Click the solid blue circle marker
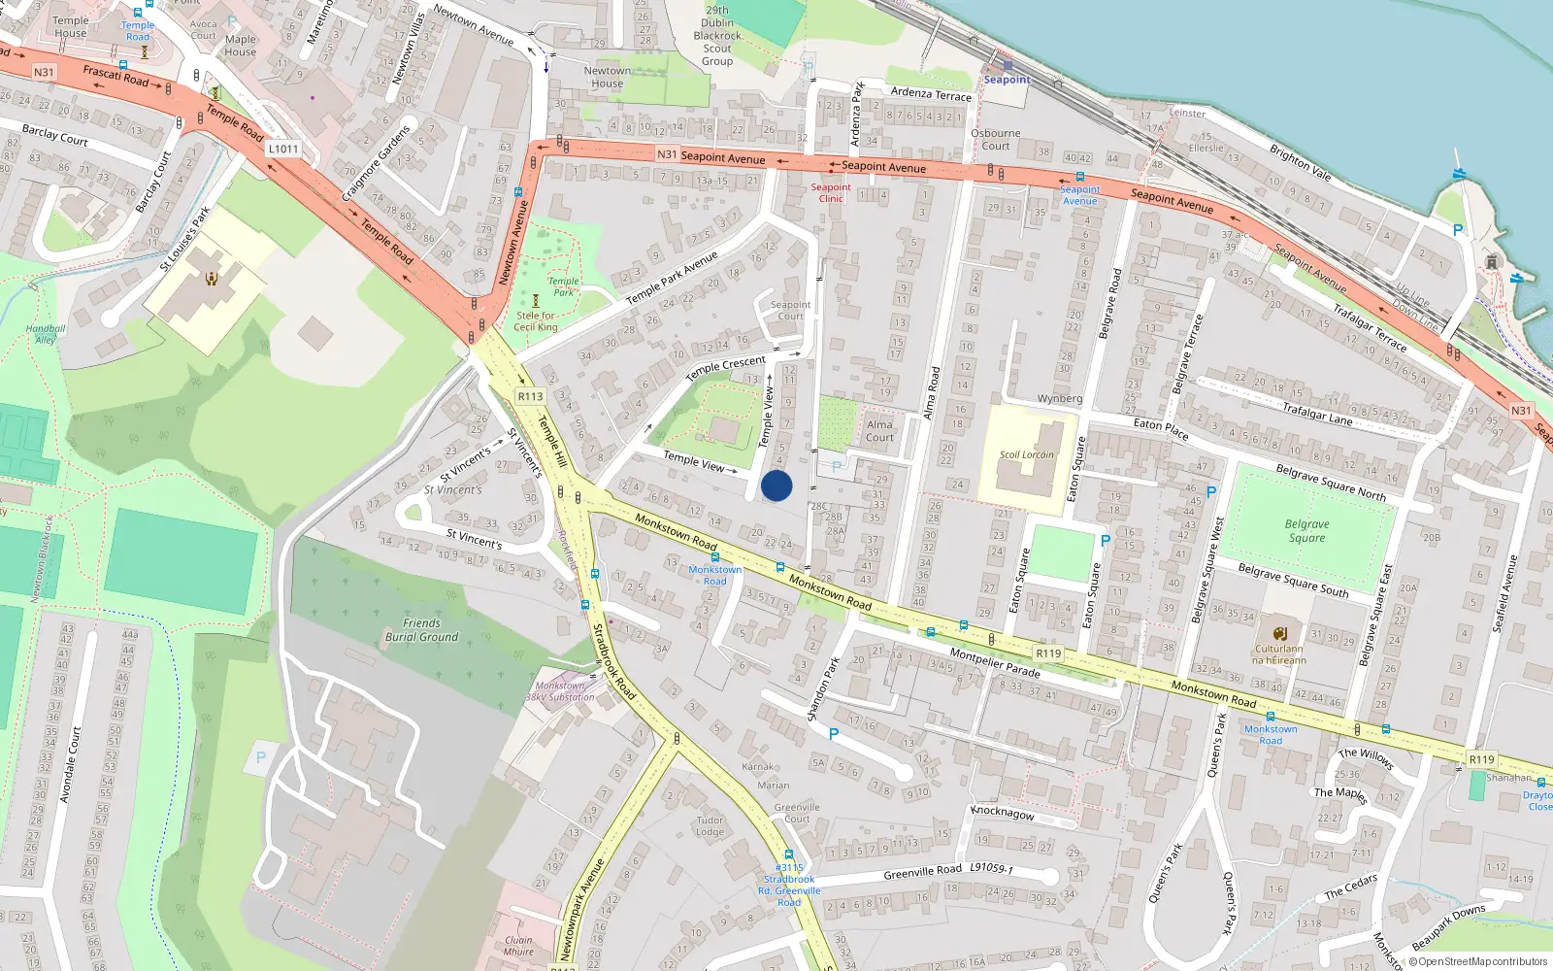[x=776, y=485]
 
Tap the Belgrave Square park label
[x=1307, y=531]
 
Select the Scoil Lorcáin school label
[x=1026, y=454]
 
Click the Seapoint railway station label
[x=1007, y=80]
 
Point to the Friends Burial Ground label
[x=421, y=630]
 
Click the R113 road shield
[x=530, y=396]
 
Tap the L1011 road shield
[x=283, y=149]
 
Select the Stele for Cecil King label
[x=536, y=321]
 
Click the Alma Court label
[x=879, y=431]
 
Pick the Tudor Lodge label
[x=710, y=826]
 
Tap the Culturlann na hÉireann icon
[x=1279, y=633]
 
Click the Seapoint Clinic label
[x=831, y=193]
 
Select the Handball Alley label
[x=46, y=334]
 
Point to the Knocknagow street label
[x=1003, y=813]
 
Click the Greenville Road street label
[x=922, y=872]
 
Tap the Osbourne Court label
[x=996, y=140]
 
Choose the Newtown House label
[x=608, y=78]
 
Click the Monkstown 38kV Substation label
[x=560, y=691]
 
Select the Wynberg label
[x=1059, y=399]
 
